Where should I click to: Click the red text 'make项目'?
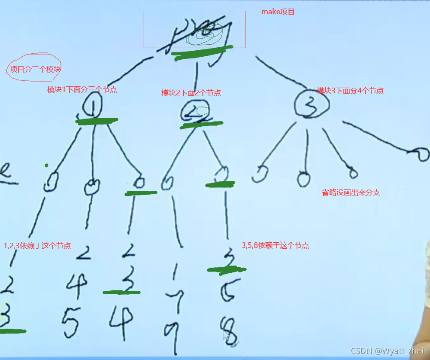(278, 12)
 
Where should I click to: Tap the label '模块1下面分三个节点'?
(82, 90)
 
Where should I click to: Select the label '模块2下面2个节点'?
(191, 93)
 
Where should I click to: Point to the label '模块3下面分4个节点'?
(350, 91)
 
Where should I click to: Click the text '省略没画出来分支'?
(351, 192)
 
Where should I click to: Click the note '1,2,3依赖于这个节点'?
(37, 246)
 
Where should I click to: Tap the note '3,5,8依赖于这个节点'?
(275, 246)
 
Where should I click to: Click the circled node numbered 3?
(312, 104)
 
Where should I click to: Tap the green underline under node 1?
(97, 121)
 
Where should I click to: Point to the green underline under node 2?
(202, 125)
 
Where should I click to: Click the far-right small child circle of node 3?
(420, 154)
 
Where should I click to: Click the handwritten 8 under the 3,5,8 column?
(228, 331)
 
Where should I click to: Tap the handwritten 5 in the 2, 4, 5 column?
(70, 322)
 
